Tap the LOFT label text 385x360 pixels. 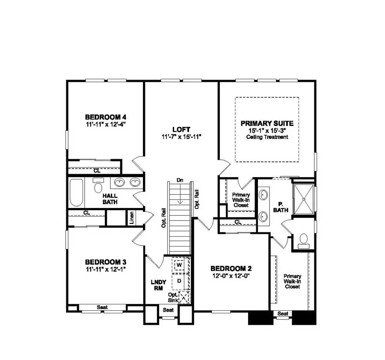[181, 129]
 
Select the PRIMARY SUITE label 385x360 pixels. [267, 123]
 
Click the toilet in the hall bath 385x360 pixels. [98, 186]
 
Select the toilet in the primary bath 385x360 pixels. [303, 240]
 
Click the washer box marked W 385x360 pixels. [180, 265]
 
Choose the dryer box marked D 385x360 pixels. [180, 281]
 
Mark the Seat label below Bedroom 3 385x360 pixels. [102, 307]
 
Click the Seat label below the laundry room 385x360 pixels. [168, 310]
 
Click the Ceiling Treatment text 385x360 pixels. [267, 137]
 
